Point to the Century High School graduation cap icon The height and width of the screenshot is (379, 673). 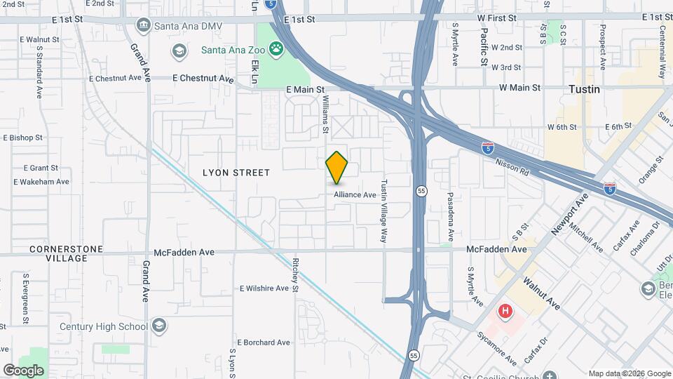point(159,326)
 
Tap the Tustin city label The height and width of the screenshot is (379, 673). point(583,89)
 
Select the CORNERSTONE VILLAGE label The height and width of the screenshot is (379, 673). point(67,253)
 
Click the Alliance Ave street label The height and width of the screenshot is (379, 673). point(355,194)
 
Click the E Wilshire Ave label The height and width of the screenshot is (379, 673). point(264,288)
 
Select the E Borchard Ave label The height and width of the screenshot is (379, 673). point(264,343)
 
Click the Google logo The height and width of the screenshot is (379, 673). point(23,370)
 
